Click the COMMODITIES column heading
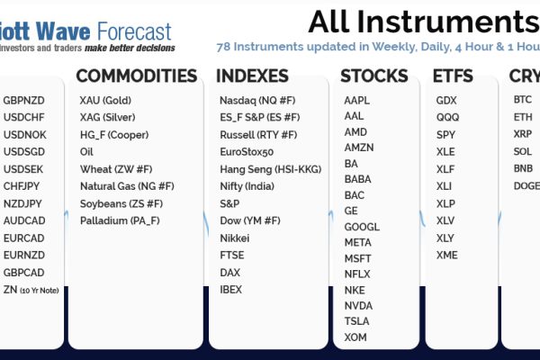coord(137,76)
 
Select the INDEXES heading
coord(252,76)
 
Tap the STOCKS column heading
coord(374,76)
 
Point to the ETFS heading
coord(453,76)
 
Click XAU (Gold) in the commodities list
coord(105,101)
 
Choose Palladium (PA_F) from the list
coord(120,220)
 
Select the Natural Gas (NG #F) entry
coord(127,186)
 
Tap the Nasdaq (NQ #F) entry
coord(257,101)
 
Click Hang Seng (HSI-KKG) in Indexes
coord(271,169)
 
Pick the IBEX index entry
coord(230,290)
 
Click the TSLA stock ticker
coord(356,321)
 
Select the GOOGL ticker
coord(362,227)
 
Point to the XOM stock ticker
coord(355,337)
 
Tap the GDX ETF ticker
coord(446,101)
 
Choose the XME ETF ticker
coord(447,256)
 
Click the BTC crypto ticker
coord(523,100)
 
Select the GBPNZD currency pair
coord(23,101)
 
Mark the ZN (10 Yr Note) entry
coord(31,290)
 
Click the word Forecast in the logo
coord(134,31)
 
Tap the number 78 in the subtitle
coord(223,47)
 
